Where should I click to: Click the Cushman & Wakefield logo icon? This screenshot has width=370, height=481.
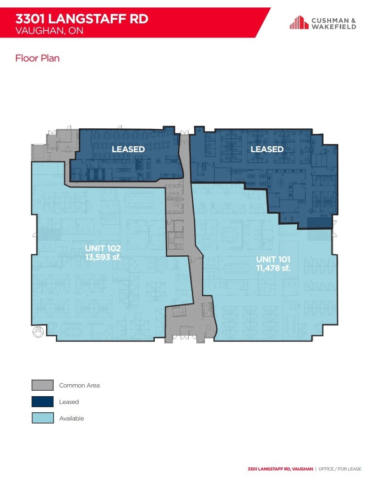pyautogui.click(x=299, y=22)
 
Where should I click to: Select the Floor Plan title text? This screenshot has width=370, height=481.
pyautogui.click(x=38, y=58)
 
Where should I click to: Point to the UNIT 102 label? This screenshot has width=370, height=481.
pyautogui.click(x=103, y=249)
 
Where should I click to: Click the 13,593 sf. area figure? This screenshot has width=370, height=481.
pyautogui.click(x=103, y=257)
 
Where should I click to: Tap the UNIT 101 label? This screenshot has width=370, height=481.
pyautogui.click(x=273, y=260)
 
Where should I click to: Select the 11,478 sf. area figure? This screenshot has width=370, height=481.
pyautogui.click(x=273, y=268)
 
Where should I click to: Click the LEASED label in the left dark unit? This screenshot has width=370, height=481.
pyautogui.click(x=128, y=149)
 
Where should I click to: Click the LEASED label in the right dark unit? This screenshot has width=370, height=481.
pyautogui.click(x=267, y=149)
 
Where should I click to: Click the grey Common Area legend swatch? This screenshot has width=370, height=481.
pyautogui.click(x=43, y=385)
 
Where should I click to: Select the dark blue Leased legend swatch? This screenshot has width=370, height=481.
pyautogui.click(x=43, y=402)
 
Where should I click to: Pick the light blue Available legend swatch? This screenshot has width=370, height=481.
pyautogui.click(x=43, y=418)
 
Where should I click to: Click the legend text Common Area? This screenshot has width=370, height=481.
pyautogui.click(x=79, y=385)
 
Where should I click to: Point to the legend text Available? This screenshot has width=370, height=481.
pyautogui.click(x=71, y=418)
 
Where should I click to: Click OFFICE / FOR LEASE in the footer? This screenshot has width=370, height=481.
pyautogui.click(x=339, y=469)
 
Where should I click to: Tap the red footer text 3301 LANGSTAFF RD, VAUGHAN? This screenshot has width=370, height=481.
pyautogui.click(x=280, y=469)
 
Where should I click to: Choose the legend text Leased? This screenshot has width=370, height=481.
pyautogui.click(x=69, y=402)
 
